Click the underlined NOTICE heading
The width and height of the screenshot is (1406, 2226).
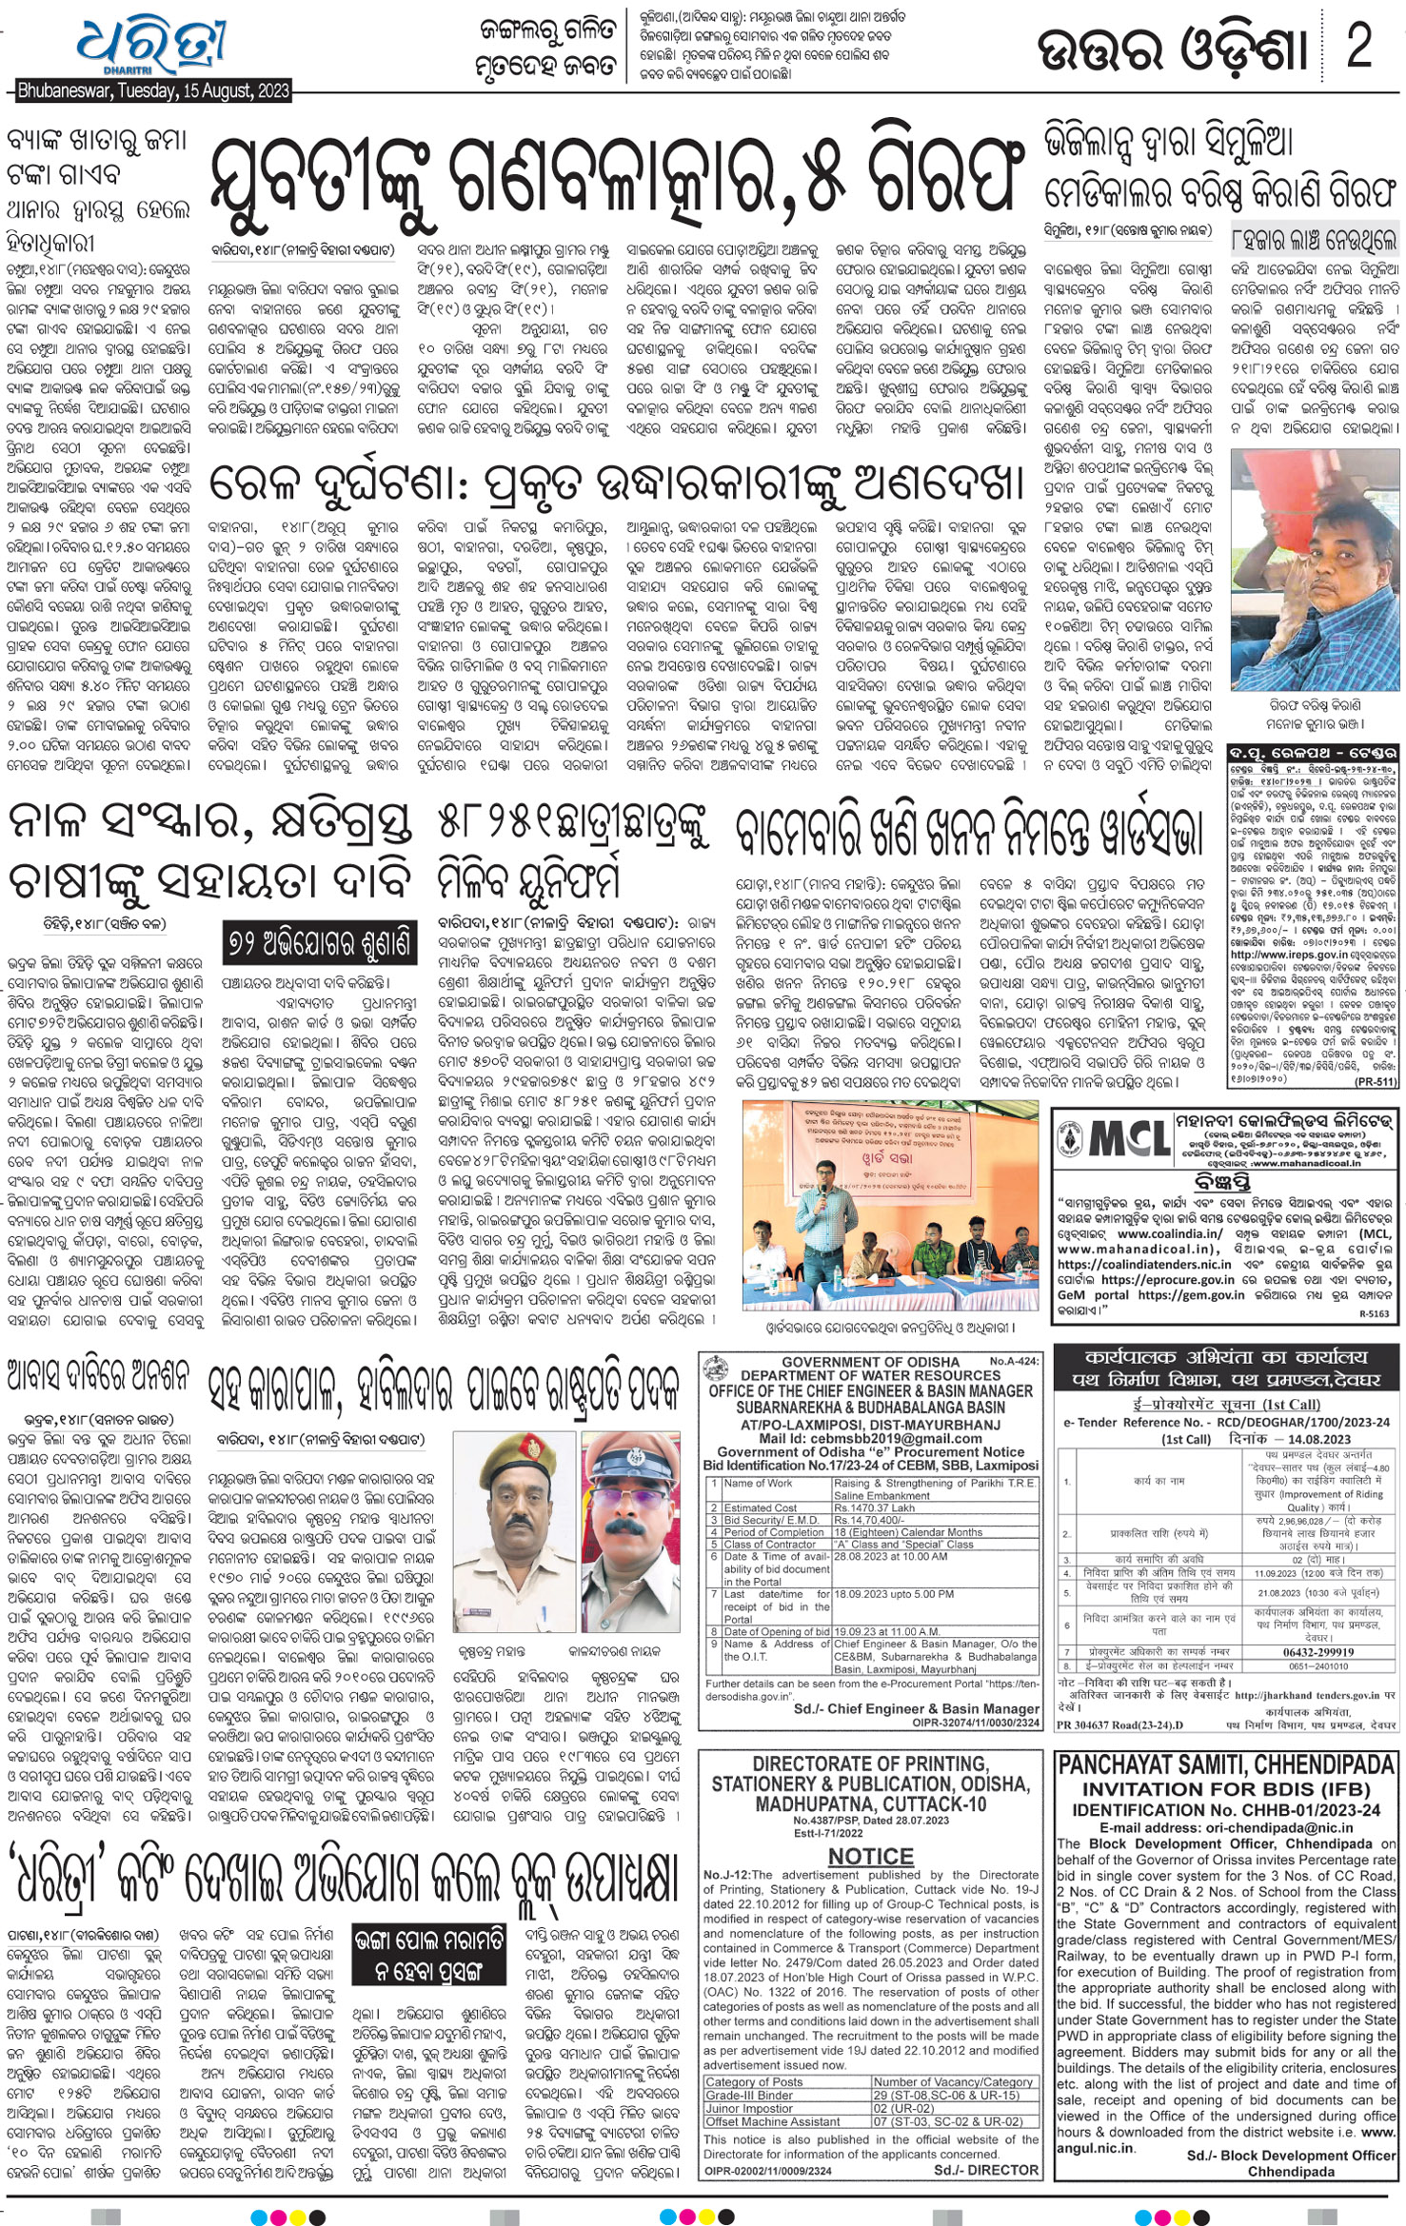coord(870,1857)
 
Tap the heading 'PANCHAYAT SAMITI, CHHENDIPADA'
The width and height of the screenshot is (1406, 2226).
coord(1226,1765)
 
